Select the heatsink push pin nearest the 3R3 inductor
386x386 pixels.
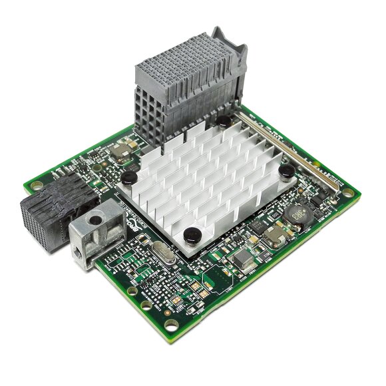click(x=286, y=172)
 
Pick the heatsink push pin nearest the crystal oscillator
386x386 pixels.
click(x=193, y=234)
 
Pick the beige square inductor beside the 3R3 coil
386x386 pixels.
click(x=274, y=234)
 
